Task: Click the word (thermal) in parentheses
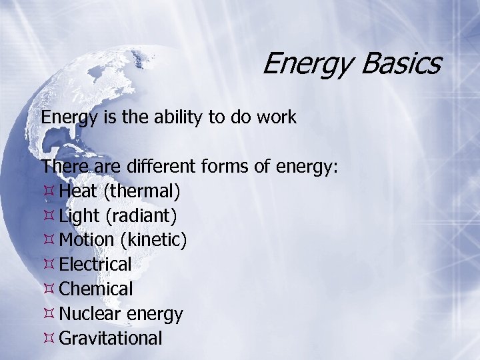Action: coord(141,192)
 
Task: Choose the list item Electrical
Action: coord(95,265)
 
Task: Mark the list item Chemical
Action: coord(96,289)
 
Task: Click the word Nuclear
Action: coord(88,313)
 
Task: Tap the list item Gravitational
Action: coord(111,338)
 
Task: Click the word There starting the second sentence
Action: coord(61,167)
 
